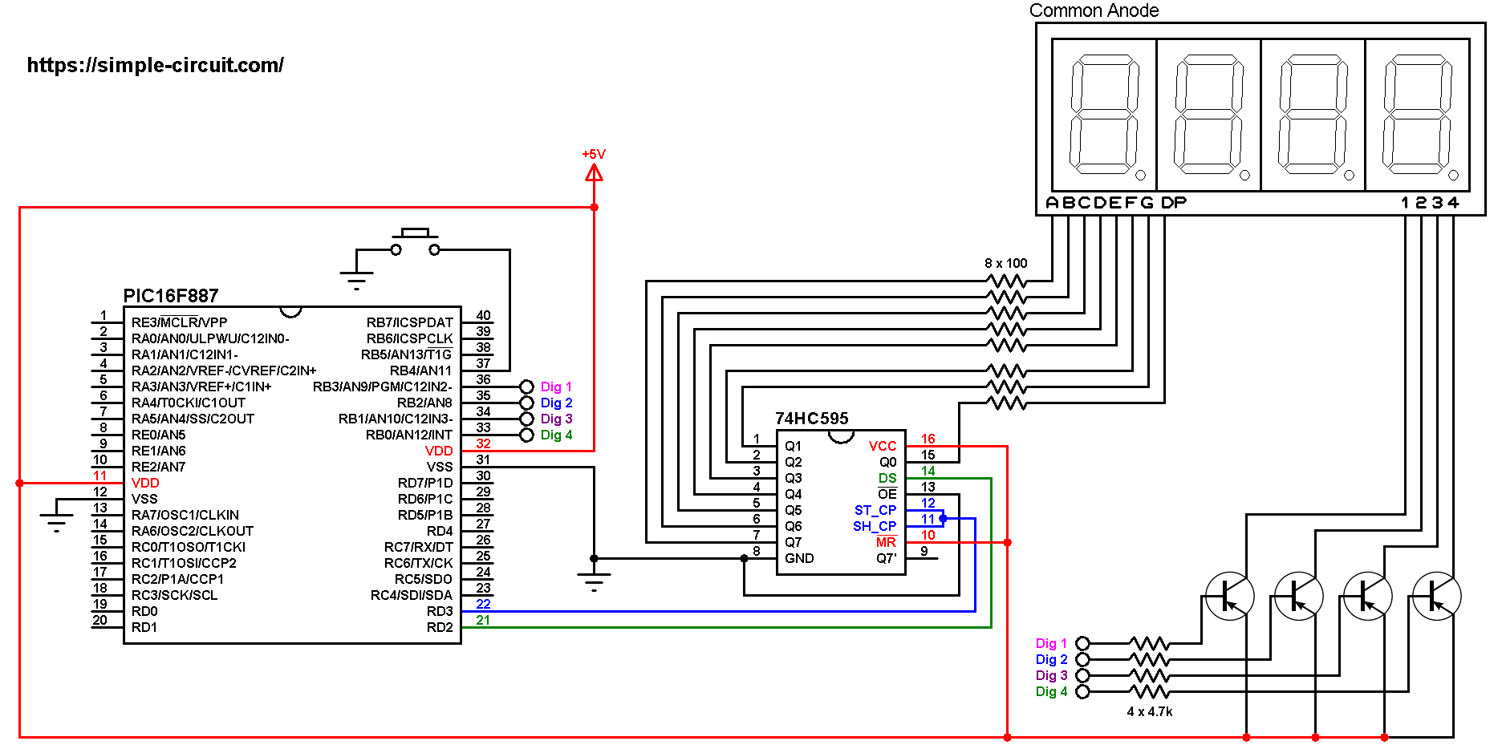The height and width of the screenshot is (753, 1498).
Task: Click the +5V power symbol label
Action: click(x=594, y=154)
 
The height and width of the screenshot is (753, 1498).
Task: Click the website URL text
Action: click(x=155, y=65)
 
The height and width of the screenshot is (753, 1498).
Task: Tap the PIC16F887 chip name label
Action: click(x=170, y=296)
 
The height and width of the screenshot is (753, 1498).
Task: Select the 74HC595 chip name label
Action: click(x=811, y=419)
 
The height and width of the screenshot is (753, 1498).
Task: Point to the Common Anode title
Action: click(x=1094, y=10)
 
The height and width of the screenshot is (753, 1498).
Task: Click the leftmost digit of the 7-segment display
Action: click(x=1104, y=115)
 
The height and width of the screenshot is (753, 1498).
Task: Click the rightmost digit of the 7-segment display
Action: click(x=1417, y=115)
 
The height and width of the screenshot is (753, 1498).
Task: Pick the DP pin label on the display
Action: click(x=1173, y=203)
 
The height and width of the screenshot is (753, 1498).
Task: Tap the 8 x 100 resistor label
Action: click(x=1005, y=263)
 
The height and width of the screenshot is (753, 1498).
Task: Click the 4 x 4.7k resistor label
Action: click(x=1149, y=711)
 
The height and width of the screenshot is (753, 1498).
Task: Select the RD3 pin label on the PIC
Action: click(x=440, y=611)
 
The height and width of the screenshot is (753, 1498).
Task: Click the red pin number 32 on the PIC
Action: click(x=483, y=443)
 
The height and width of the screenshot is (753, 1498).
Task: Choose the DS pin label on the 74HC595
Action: click(x=887, y=478)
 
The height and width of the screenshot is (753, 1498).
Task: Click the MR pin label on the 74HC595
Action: click(x=886, y=542)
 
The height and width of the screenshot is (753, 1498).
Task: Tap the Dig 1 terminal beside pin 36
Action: click(x=527, y=387)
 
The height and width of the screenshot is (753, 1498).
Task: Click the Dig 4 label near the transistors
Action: click(x=1051, y=691)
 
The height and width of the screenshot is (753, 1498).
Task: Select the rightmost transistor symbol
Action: click(x=1436, y=596)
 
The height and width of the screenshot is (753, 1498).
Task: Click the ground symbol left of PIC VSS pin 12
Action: click(x=56, y=516)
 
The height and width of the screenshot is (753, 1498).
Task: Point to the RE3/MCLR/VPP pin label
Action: click(x=179, y=322)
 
